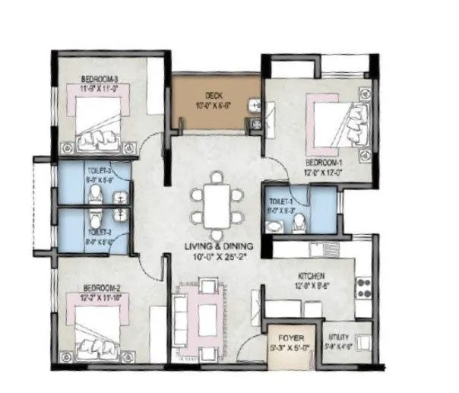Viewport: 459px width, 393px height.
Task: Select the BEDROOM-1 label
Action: click(324, 163)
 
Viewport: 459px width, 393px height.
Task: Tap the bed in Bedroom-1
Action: click(334, 122)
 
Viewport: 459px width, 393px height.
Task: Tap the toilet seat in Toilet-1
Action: click(299, 222)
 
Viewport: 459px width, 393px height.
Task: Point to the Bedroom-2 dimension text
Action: click(99, 299)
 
